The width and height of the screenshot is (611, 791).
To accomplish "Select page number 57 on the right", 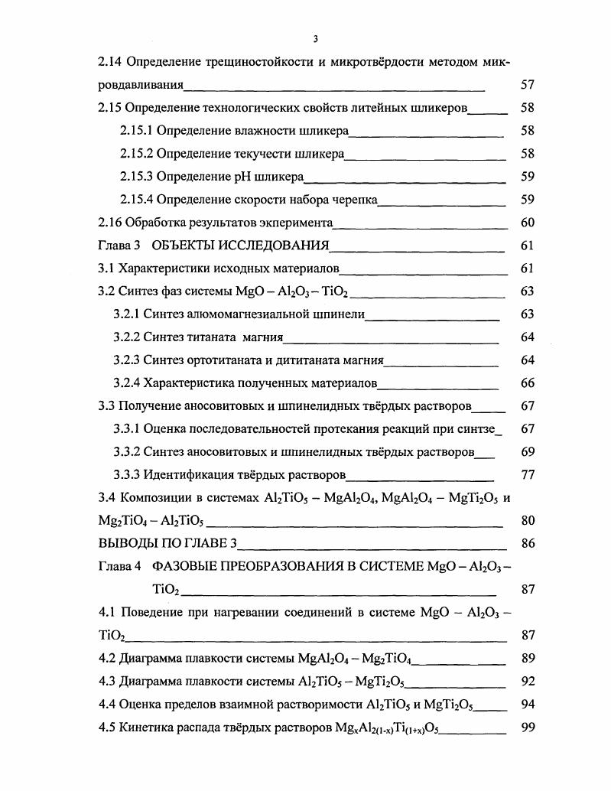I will point(526,85).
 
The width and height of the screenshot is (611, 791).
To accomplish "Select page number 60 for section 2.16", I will point(526,223).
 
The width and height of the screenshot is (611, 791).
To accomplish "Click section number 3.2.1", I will point(126,314).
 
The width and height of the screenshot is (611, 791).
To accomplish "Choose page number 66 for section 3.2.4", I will point(526,383).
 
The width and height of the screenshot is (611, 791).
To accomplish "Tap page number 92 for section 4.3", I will point(526,682).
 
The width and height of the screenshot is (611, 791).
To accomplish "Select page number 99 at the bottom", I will point(526,728).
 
